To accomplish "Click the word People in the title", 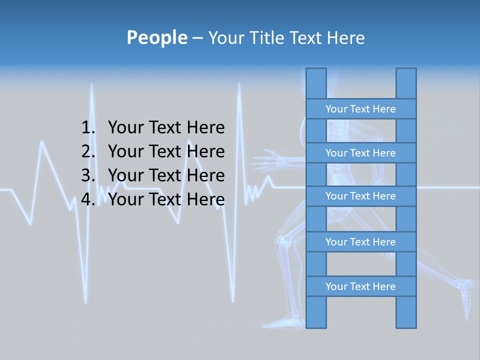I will pyautogui.click(x=156, y=37).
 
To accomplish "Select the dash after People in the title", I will pyautogui.click(x=197, y=38).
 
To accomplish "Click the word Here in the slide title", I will pyautogui.click(x=345, y=37).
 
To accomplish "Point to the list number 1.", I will pyautogui.click(x=87, y=127).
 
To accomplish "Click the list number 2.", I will pyautogui.click(x=87, y=151).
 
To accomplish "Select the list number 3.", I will pyautogui.click(x=87, y=175).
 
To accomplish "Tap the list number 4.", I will pyautogui.click(x=87, y=199).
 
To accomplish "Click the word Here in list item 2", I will pyautogui.click(x=205, y=151).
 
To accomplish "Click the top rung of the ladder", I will pyautogui.click(x=360, y=109).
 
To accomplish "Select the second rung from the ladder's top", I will pyautogui.click(x=360, y=153).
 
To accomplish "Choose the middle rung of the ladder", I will pyautogui.click(x=360, y=196).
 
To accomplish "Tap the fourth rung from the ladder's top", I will pyautogui.click(x=360, y=242).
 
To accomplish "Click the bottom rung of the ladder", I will pyautogui.click(x=360, y=286).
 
